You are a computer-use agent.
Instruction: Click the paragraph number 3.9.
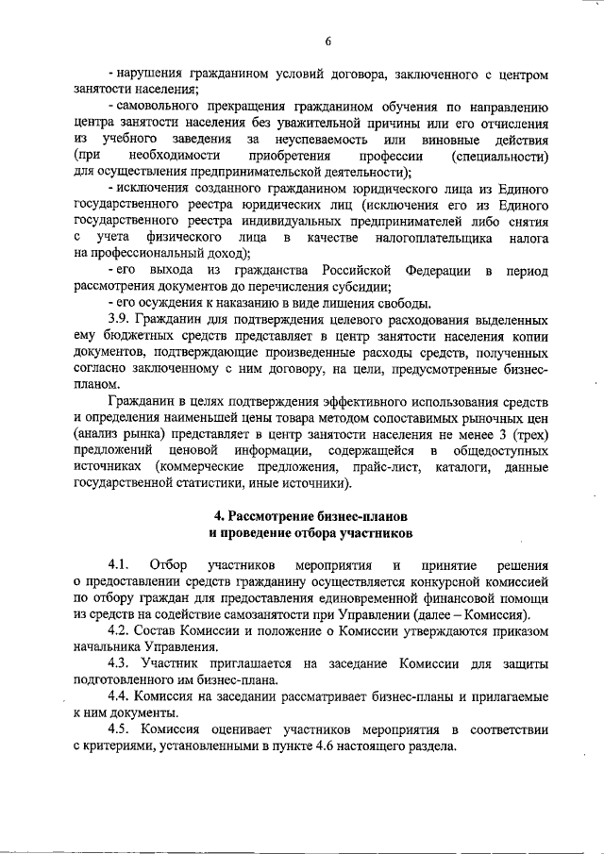(121, 319)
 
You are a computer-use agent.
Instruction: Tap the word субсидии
(361, 287)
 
